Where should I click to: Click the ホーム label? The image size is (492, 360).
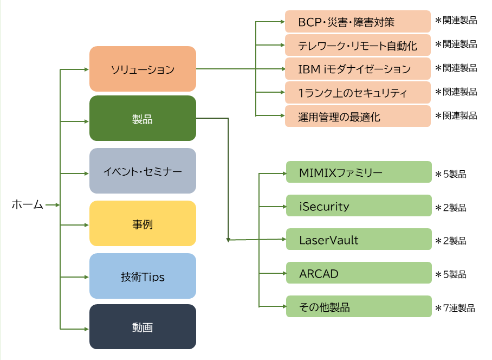click(x=27, y=204)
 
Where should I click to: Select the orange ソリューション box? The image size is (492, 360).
click(x=143, y=69)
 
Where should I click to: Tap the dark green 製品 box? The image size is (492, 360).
click(x=143, y=118)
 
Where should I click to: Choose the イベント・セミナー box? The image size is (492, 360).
click(x=143, y=171)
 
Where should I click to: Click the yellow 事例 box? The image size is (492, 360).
click(x=143, y=223)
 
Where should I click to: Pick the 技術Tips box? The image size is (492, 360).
click(x=143, y=276)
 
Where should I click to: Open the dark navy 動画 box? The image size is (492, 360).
click(x=143, y=327)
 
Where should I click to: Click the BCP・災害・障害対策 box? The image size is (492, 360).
click(x=358, y=21)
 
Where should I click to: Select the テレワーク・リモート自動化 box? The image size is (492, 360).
click(x=358, y=45)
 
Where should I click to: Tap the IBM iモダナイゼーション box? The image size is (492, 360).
click(x=358, y=69)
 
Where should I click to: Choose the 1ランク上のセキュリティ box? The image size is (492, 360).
click(x=358, y=93)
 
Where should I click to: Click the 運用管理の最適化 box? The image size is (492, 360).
click(x=358, y=116)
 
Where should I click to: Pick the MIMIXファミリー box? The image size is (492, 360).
click(x=359, y=172)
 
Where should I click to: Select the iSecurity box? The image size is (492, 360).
click(x=359, y=205)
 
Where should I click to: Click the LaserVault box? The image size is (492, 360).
click(x=359, y=239)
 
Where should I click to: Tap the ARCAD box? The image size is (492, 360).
click(x=359, y=273)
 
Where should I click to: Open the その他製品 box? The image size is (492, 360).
click(x=359, y=306)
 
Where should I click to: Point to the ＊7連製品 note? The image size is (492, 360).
click(x=455, y=308)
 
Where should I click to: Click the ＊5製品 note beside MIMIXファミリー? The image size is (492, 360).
click(x=451, y=174)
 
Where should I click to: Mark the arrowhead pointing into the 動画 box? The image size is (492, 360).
click(x=87, y=329)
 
